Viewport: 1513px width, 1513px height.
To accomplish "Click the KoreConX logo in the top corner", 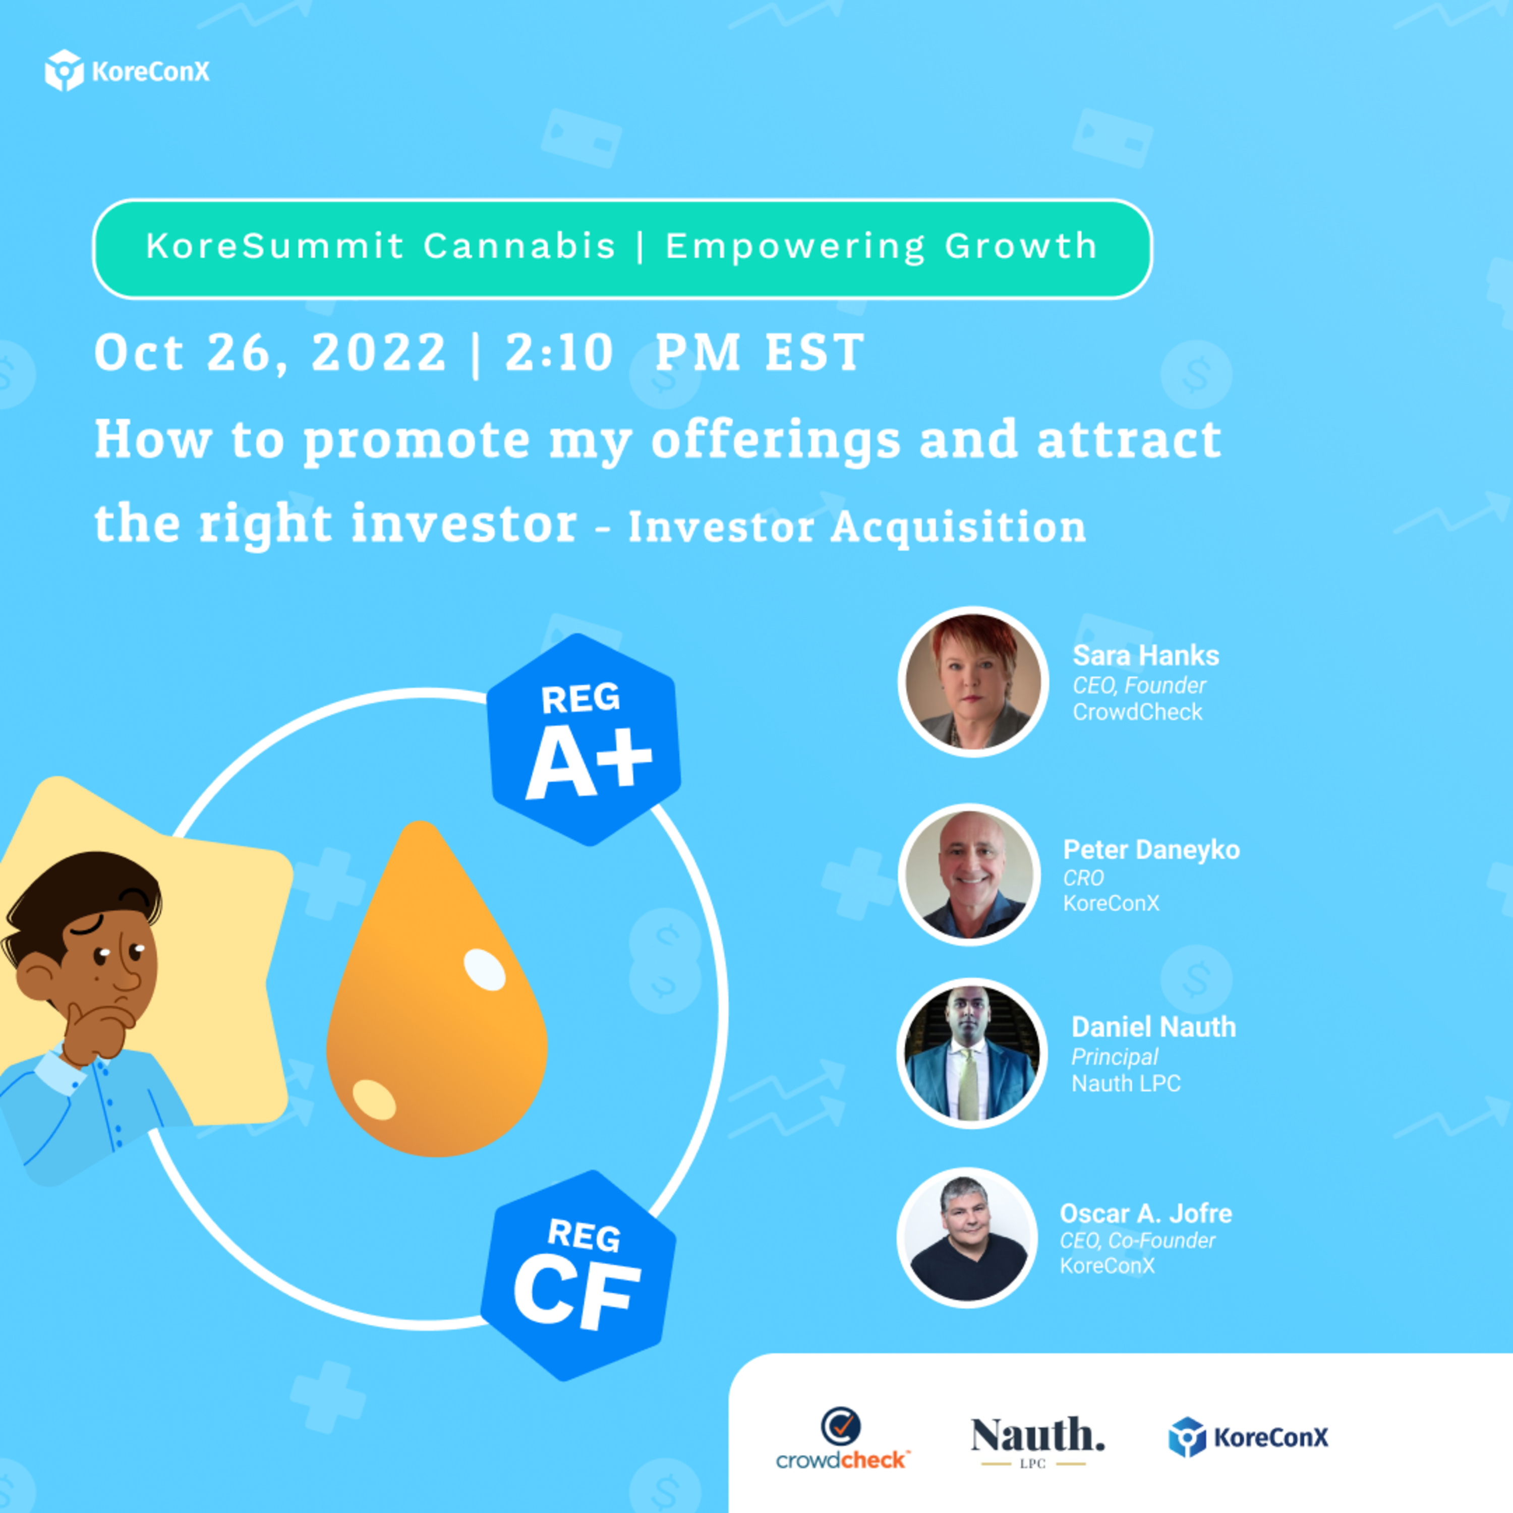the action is click(x=127, y=71).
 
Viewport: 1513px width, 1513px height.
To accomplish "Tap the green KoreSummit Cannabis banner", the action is click(x=622, y=249).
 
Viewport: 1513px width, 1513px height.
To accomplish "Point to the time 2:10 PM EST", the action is click(x=684, y=353).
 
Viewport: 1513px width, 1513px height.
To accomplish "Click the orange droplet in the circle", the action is click(x=436, y=988).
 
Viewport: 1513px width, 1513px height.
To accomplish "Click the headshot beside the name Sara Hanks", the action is click(x=973, y=681).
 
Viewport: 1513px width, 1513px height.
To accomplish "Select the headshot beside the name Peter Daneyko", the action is click(x=969, y=874).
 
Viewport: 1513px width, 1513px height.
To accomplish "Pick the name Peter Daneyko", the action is click(x=1151, y=850).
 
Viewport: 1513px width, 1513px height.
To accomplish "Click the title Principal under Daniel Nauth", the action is click(x=1115, y=1057).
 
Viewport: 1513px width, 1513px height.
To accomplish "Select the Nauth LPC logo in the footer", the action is click(x=1037, y=1441).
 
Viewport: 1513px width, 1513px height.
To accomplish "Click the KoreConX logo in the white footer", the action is click(x=1248, y=1437).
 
